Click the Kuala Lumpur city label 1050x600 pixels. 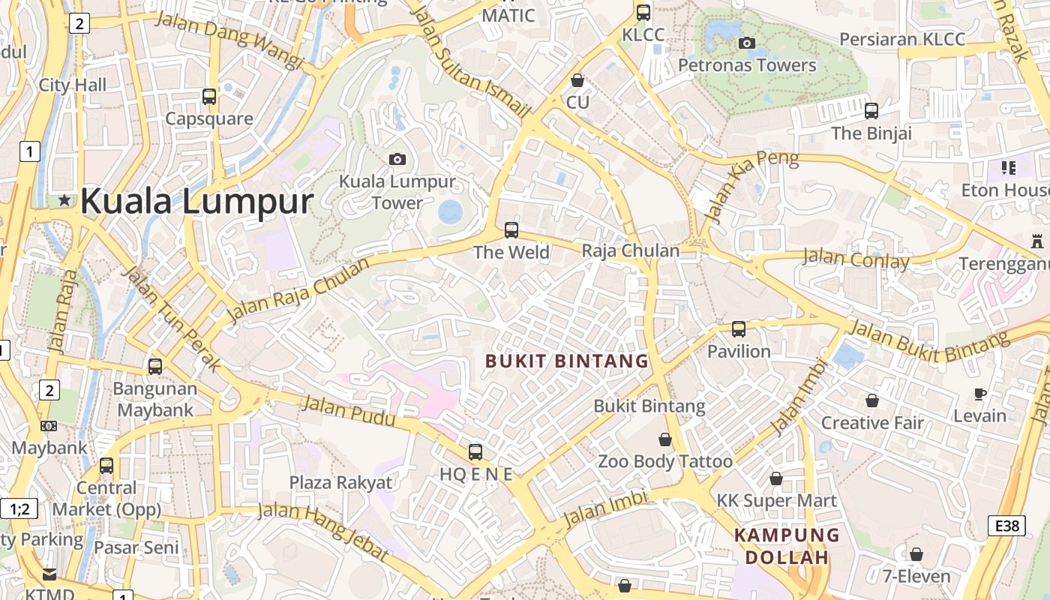tap(196, 201)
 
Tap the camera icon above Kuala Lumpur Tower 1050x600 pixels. tap(397, 159)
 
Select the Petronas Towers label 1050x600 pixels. tap(747, 65)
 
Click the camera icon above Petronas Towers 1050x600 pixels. tap(746, 43)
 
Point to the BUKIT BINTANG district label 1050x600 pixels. tap(567, 361)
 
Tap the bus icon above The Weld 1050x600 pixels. tap(511, 229)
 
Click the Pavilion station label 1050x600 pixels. tap(739, 351)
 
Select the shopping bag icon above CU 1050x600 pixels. tap(577, 79)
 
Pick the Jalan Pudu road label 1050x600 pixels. tap(335, 409)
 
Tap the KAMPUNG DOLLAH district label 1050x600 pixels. tap(787, 546)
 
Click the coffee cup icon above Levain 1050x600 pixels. tap(979, 394)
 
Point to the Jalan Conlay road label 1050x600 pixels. tap(856, 259)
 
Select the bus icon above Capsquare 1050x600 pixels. tap(209, 96)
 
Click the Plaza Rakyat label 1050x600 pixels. tap(340, 482)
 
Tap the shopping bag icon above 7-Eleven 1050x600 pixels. tap(916, 554)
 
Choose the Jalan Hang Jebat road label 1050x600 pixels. tap(324, 532)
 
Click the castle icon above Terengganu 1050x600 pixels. tap(1037, 241)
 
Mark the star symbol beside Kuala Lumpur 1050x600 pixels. tap(65, 200)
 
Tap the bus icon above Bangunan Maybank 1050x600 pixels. tap(155, 367)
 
